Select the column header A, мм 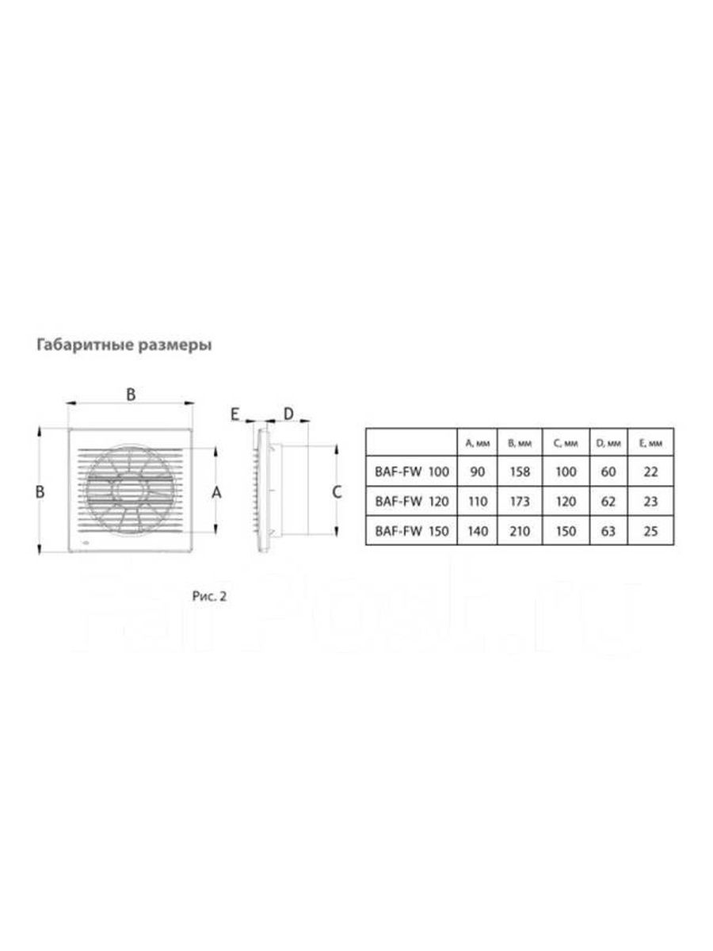click(x=477, y=443)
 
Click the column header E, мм click(x=651, y=443)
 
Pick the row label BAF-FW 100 click(x=411, y=472)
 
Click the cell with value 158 click(x=520, y=472)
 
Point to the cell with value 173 click(x=520, y=501)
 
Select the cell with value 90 click(x=477, y=472)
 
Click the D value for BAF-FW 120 click(x=608, y=501)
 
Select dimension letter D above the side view click(x=288, y=413)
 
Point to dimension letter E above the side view click(x=234, y=413)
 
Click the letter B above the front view click(x=132, y=394)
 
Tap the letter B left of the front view click(x=40, y=492)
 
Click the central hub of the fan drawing click(x=129, y=491)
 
